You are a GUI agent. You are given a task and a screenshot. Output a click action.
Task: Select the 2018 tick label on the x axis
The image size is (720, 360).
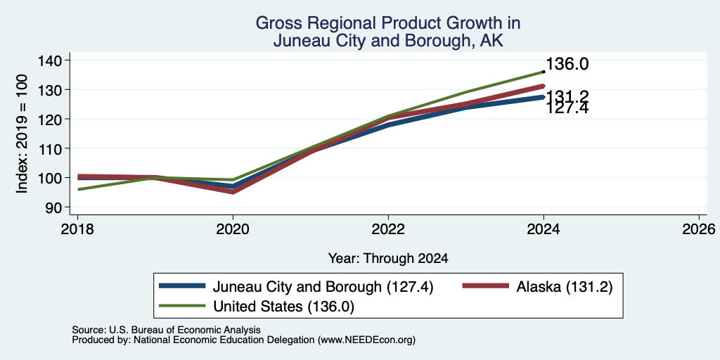[x=77, y=229]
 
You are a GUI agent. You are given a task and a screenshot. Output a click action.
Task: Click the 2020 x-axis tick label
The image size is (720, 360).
[x=233, y=229]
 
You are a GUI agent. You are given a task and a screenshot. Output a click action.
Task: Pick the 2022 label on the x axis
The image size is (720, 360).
[x=388, y=229]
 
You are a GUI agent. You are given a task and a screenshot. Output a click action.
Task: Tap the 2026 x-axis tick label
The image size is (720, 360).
[x=700, y=229]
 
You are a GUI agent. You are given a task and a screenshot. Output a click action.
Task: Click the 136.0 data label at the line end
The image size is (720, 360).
[x=567, y=64]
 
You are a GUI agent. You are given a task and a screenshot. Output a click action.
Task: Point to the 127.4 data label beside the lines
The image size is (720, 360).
[x=567, y=108]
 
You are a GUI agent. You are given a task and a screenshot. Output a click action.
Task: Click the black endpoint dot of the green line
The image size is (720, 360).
[x=544, y=72]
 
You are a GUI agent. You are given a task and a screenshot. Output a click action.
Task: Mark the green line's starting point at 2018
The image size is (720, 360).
[x=78, y=189]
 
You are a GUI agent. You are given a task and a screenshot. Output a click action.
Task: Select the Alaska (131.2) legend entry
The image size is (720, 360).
[x=565, y=287]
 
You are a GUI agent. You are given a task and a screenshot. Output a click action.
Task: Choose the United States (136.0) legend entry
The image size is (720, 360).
[x=283, y=307]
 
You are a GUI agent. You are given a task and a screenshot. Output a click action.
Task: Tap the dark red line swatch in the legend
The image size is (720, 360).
[x=486, y=286]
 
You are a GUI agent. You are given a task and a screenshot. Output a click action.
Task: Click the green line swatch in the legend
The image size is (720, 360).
[x=182, y=306]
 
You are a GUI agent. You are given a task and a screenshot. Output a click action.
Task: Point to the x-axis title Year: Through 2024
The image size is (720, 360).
[x=388, y=259]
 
